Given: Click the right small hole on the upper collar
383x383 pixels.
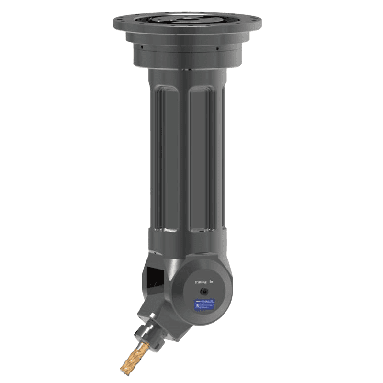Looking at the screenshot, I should tap(216, 47).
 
